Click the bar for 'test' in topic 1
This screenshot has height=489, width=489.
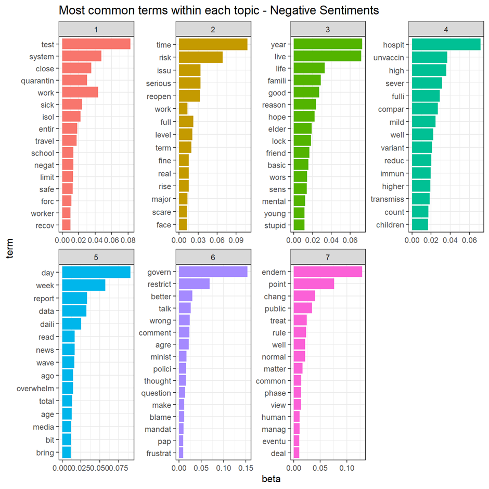pyautogui.click(x=96, y=45)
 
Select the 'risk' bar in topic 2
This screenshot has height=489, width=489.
pyautogui.click(x=200, y=57)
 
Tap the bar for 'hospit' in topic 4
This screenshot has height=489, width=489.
pyautogui.click(x=446, y=45)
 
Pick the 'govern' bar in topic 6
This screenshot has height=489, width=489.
pyautogui.click(x=213, y=272)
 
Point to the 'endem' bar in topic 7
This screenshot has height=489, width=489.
pyautogui.click(x=328, y=272)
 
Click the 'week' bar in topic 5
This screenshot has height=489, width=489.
pyautogui.click(x=83, y=285)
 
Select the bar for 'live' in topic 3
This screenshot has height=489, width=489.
pyautogui.click(x=327, y=56)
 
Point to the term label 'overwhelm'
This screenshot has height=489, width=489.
pyautogui.click(x=35, y=389)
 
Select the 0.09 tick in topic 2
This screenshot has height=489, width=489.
pyautogui.click(x=236, y=240)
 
